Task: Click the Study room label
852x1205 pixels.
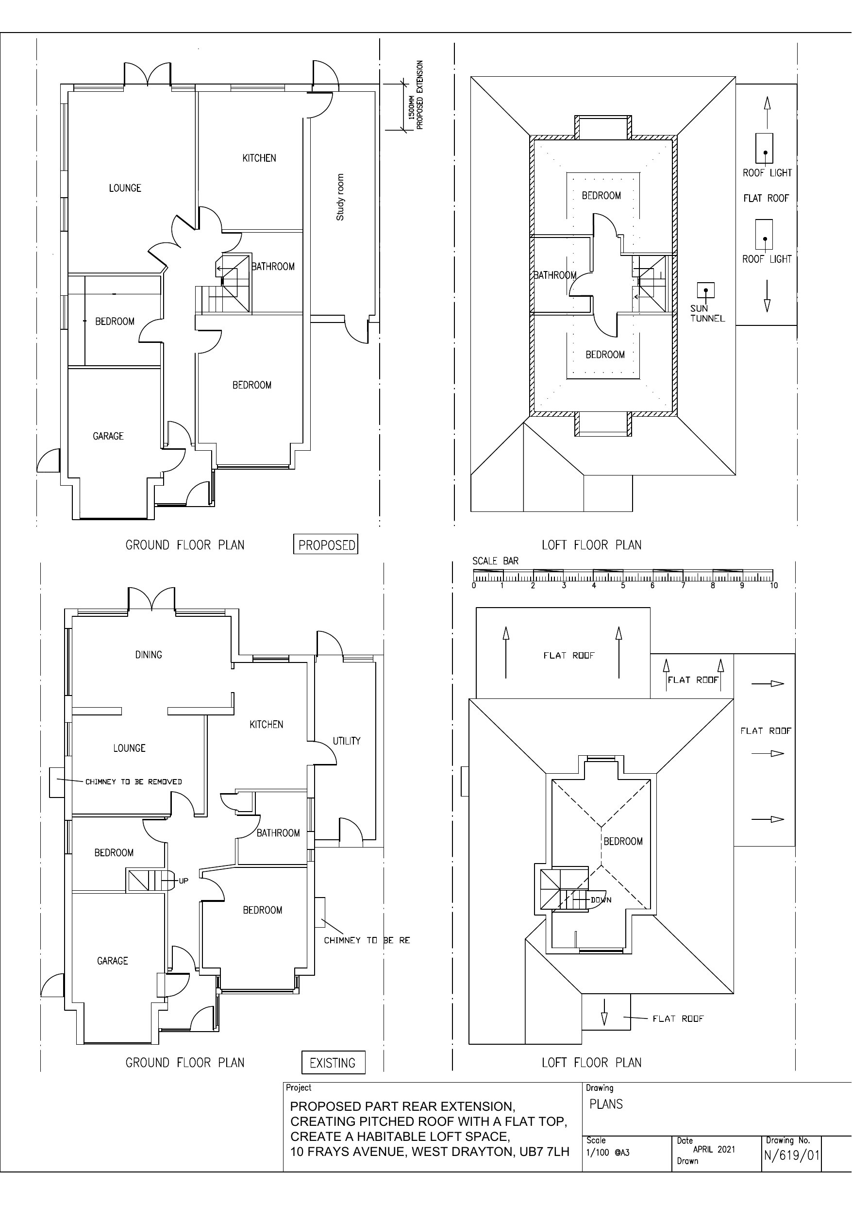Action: point(340,197)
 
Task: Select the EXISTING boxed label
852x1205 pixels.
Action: point(333,1062)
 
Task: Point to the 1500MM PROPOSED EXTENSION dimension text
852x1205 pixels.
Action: point(415,95)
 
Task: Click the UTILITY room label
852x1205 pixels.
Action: point(347,741)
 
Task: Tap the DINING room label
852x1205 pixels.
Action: point(149,654)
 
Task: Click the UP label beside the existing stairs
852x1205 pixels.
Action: point(183,881)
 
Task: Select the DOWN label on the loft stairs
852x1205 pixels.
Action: point(601,900)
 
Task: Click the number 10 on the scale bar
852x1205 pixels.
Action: point(774,586)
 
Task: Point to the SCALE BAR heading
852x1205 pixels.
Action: point(495,561)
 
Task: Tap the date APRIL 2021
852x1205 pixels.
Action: point(714,1149)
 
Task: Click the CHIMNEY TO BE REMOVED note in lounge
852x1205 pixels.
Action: point(134,781)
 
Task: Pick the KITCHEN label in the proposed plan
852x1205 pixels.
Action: point(259,158)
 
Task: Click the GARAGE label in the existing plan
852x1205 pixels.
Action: point(112,960)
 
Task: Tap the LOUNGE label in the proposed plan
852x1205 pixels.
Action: point(125,188)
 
